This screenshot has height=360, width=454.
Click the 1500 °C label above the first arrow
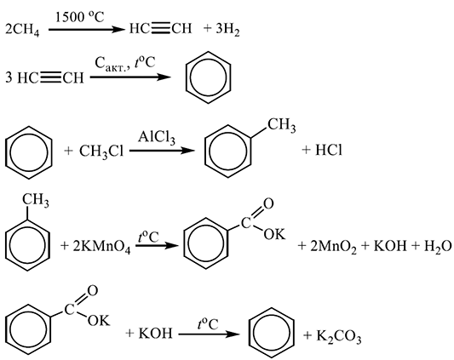click(x=79, y=17)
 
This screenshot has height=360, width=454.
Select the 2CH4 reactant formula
click(x=22, y=30)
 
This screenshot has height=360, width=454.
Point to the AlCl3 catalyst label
click(x=157, y=138)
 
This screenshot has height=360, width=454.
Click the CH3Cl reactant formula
click(x=101, y=151)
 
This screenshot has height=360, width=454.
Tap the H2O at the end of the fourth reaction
click(x=438, y=247)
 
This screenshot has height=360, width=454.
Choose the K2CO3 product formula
click(x=338, y=336)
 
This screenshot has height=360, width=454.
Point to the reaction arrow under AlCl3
click(x=162, y=151)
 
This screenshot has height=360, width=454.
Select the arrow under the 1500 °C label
click(x=86, y=30)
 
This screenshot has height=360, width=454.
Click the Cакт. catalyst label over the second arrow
click(x=112, y=64)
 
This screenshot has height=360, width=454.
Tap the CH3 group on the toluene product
click(x=281, y=125)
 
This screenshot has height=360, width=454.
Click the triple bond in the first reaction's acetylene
click(x=161, y=29)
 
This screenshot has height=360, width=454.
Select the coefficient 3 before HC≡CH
click(x=9, y=77)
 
